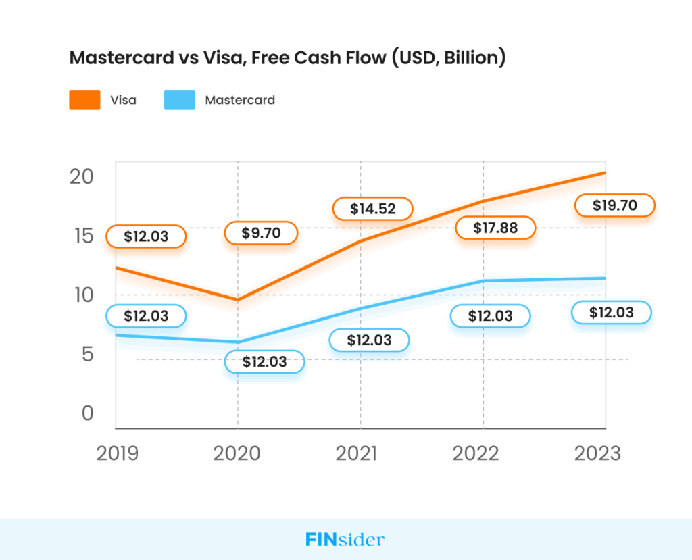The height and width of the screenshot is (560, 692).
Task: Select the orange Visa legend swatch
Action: pyautogui.click(x=84, y=100)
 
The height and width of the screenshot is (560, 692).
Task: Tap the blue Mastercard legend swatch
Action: pyautogui.click(x=179, y=100)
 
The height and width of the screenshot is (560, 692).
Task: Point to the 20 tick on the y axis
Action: pyautogui.click(x=81, y=176)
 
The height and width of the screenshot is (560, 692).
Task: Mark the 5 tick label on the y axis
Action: pyautogui.click(x=87, y=354)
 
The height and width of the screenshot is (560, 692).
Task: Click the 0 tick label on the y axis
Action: pyautogui.click(x=87, y=413)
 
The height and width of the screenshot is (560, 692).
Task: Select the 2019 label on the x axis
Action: pyautogui.click(x=118, y=453)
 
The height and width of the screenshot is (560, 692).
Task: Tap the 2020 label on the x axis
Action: pyautogui.click(x=237, y=453)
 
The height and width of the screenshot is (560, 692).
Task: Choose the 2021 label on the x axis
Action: pyautogui.click(x=360, y=453)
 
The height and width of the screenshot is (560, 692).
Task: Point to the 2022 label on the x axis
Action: pyautogui.click(x=483, y=453)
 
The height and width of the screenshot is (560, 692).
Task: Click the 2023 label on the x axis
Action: pyautogui.click(x=597, y=453)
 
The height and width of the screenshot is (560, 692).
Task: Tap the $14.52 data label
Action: pyautogui.click(x=372, y=209)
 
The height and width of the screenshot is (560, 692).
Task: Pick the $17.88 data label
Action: pyautogui.click(x=495, y=228)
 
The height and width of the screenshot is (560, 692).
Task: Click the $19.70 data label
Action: pyautogui.click(x=614, y=205)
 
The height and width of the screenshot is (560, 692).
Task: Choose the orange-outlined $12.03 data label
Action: pyautogui.click(x=146, y=237)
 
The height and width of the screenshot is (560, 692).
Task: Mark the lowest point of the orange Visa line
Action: pyautogui.click(x=237, y=299)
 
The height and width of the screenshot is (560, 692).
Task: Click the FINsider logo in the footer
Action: pyautogui.click(x=345, y=540)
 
